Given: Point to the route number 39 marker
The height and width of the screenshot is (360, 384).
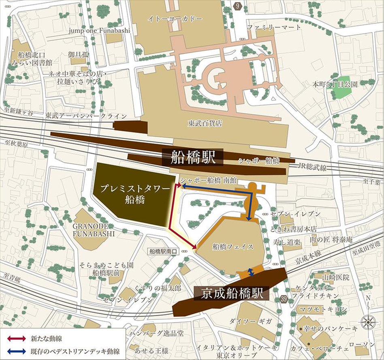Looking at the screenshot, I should (x=283, y=298).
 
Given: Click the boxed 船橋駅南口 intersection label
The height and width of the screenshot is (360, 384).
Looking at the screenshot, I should (x=163, y=251).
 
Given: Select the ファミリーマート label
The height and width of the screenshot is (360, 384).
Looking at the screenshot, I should (x=274, y=27).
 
